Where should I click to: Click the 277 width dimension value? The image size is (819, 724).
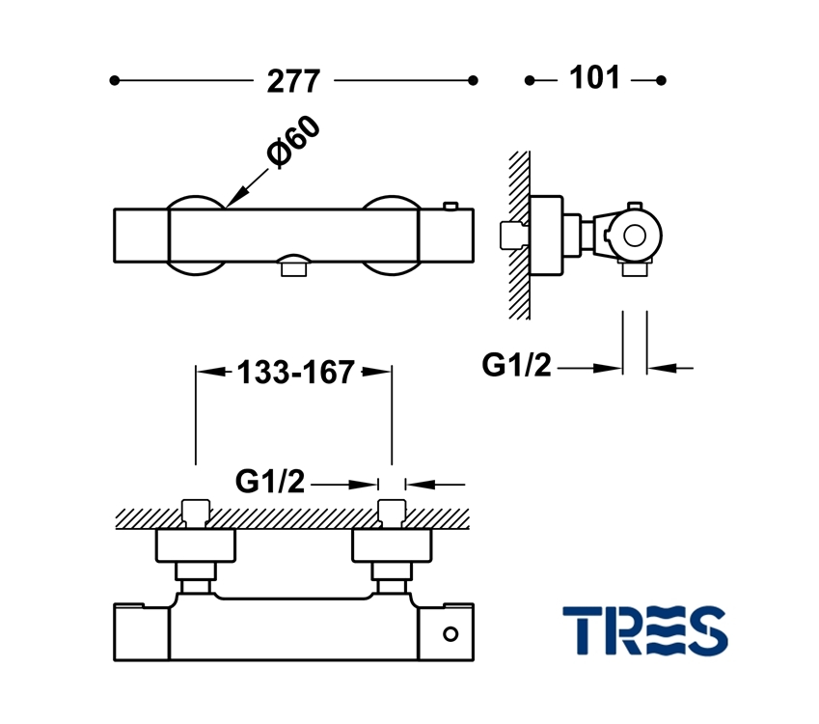pyautogui.click(x=293, y=81)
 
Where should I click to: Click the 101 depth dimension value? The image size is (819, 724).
pyautogui.click(x=594, y=78)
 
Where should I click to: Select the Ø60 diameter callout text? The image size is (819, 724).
pyautogui.click(x=292, y=144)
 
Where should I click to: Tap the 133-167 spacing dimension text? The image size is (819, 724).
pyautogui.click(x=295, y=373)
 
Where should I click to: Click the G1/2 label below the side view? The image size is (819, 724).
pyautogui.click(x=516, y=366)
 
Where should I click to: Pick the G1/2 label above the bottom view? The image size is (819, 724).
pyautogui.click(x=270, y=481)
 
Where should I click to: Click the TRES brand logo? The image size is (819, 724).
pyautogui.click(x=644, y=629)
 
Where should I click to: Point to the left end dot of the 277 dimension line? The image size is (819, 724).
pyautogui.click(x=114, y=81)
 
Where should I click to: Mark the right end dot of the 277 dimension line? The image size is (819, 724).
pyautogui.click(x=473, y=81)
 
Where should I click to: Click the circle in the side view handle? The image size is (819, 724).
pyautogui.click(x=635, y=235)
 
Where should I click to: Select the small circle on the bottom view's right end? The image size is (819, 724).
pyautogui.click(x=450, y=634)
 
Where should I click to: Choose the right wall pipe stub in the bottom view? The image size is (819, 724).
pyautogui.click(x=391, y=513)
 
